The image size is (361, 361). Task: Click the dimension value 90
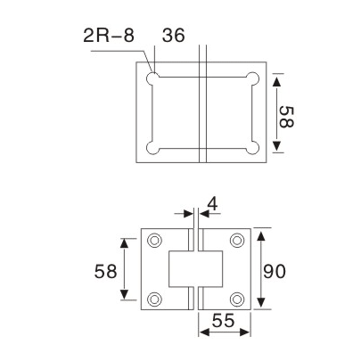click(276, 269)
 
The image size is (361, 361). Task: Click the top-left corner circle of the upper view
click(155, 79)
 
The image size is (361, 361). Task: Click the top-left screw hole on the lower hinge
click(156, 240)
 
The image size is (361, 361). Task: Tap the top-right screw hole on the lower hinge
click(237, 240)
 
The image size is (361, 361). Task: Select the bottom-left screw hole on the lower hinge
click(156, 299)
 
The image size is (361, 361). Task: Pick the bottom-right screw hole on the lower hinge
click(237, 299)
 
